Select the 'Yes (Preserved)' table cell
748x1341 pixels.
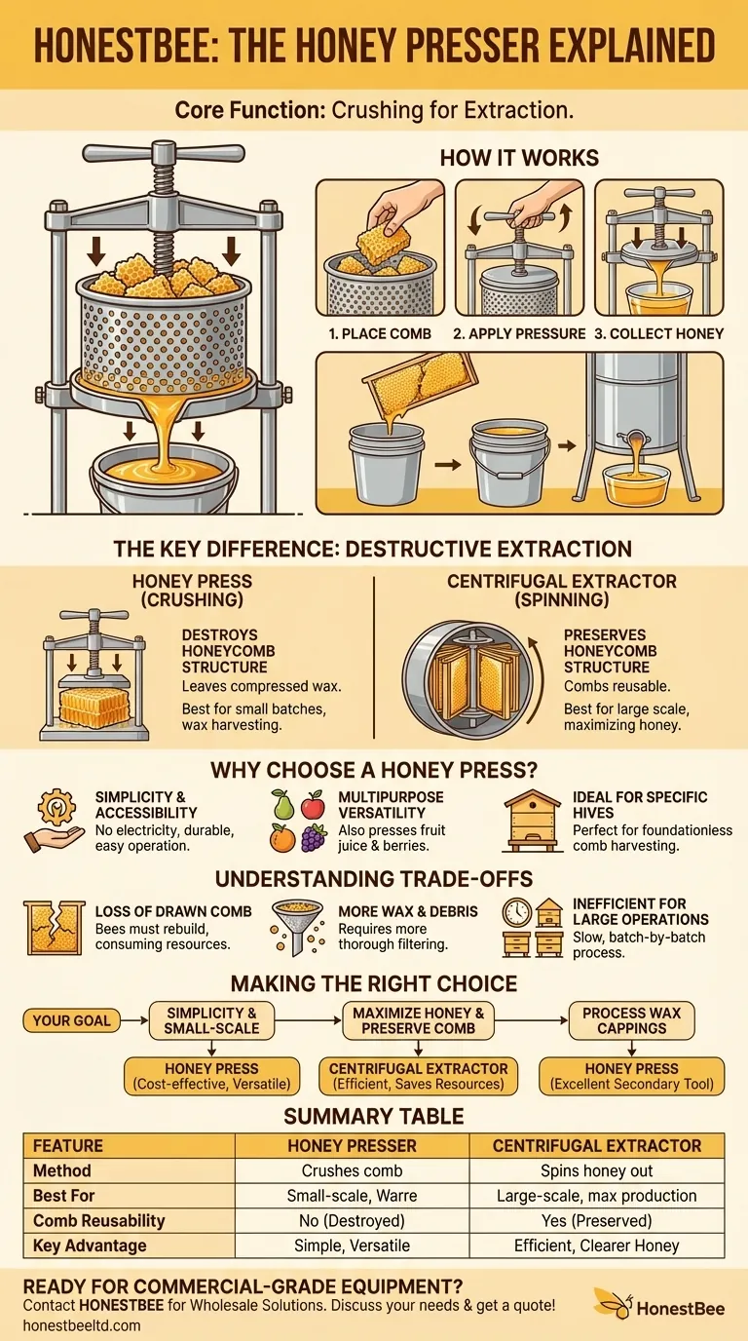click(597, 1220)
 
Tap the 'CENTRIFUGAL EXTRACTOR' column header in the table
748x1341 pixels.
click(597, 1145)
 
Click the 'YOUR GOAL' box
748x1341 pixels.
click(72, 1021)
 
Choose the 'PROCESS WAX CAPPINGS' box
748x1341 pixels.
click(631, 1020)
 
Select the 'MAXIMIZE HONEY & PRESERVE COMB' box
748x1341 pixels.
click(419, 1020)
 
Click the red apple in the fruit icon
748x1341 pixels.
click(313, 805)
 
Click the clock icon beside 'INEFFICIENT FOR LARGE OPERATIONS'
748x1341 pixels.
click(516, 912)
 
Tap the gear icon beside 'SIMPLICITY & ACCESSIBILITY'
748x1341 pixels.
click(56, 807)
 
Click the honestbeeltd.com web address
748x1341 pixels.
click(82, 1325)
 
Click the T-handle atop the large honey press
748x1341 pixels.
click(149, 153)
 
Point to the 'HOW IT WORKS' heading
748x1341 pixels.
click(519, 158)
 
